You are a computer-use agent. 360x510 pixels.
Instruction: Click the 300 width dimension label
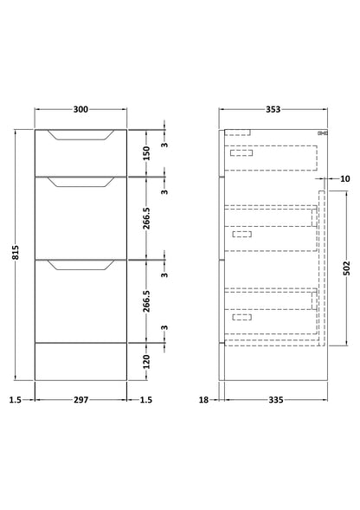80,109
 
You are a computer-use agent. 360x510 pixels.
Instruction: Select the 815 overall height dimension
16,252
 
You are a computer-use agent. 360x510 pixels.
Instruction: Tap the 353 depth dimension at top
273,109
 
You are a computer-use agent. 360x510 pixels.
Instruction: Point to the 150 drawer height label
146,153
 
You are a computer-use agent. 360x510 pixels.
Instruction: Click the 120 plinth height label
146,362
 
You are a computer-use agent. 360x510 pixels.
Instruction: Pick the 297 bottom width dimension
80,399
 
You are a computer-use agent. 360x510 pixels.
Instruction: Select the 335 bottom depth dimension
276,399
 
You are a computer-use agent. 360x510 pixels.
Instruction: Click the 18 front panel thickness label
203,399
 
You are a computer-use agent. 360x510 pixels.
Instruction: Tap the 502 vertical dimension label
347,268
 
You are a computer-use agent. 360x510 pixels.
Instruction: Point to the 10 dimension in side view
345,178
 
